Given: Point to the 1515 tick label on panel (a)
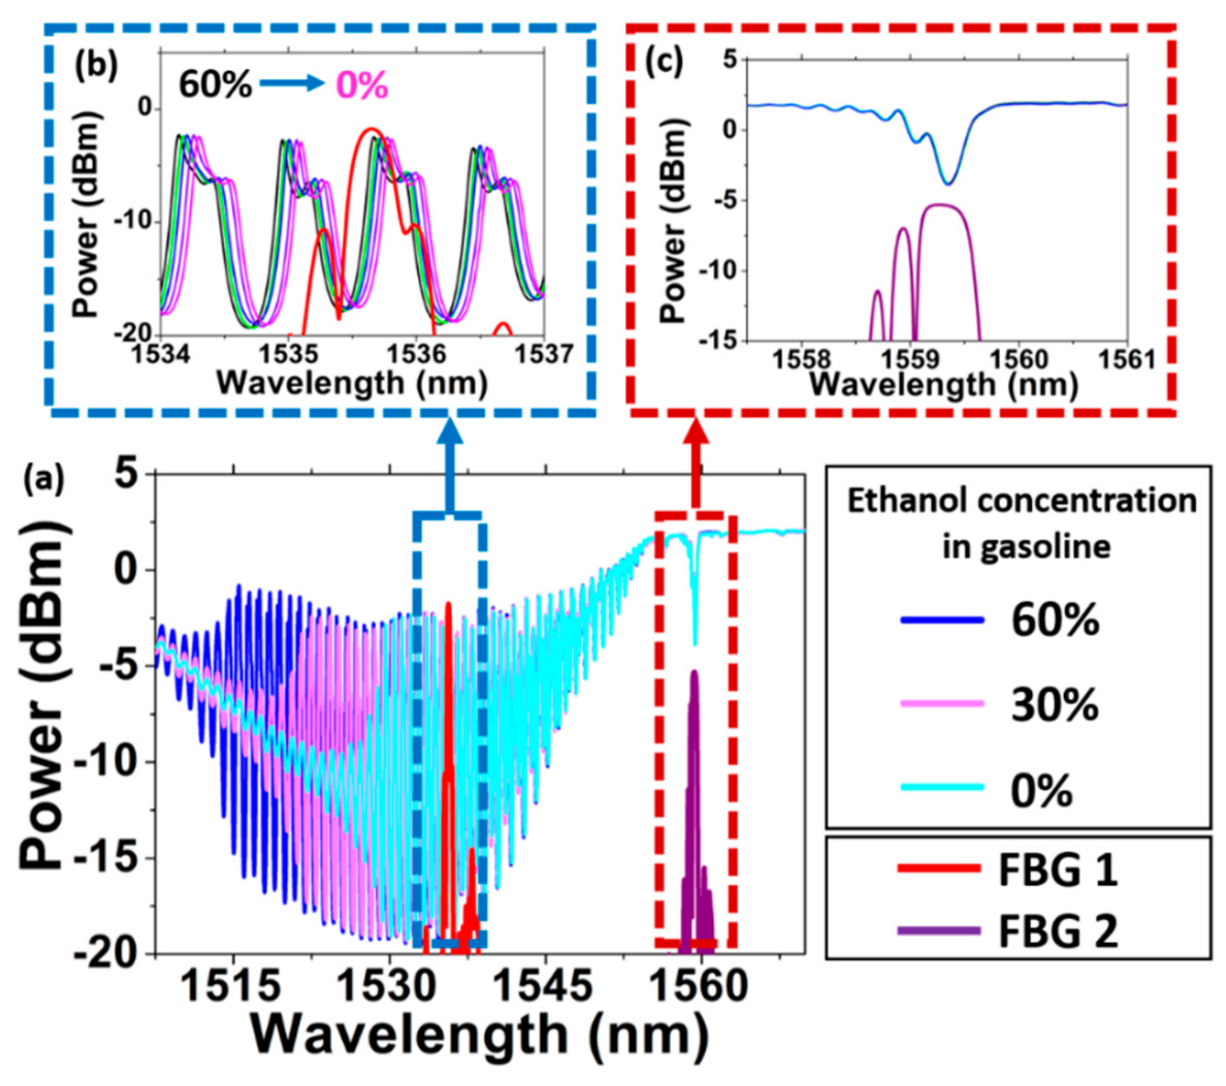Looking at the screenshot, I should (230, 986).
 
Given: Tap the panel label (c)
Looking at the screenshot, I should (664, 63).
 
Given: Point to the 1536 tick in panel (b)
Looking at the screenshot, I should (417, 355).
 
